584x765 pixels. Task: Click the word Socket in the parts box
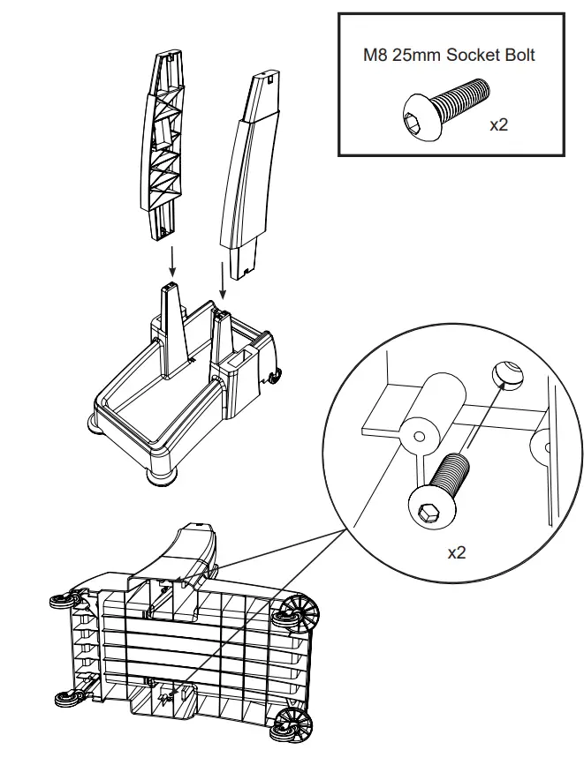pos(469,55)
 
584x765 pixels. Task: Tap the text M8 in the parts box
pos(378,55)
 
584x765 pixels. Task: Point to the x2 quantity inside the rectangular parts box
pos(499,124)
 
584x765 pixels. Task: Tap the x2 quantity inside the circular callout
pos(456,553)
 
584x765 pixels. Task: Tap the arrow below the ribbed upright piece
pos(172,263)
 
